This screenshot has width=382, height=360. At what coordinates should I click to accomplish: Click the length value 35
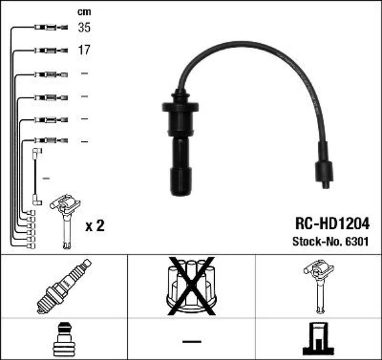pyautogui.click(x=85, y=28)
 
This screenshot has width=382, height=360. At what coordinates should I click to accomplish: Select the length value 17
pyautogui.click(x=85, y=50)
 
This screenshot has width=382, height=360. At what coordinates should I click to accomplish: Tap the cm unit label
pyautogui.click(x=84, y=11)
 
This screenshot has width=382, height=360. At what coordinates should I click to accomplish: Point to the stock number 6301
pyautogui.click(x=358, y=242)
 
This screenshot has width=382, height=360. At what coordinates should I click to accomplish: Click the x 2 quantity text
pyautogui.click(x=95, y=226)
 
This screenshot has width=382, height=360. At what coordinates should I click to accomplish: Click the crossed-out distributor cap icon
pyautogui.click(x=190, y=286)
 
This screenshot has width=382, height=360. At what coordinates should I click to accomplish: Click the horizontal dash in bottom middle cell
pyautogui.click(x=190, y=339)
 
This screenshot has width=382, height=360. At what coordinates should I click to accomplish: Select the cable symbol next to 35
pyautogui.click(x=48, y=28)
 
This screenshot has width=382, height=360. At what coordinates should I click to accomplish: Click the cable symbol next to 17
pyautogui.click(x=48, y=50)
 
